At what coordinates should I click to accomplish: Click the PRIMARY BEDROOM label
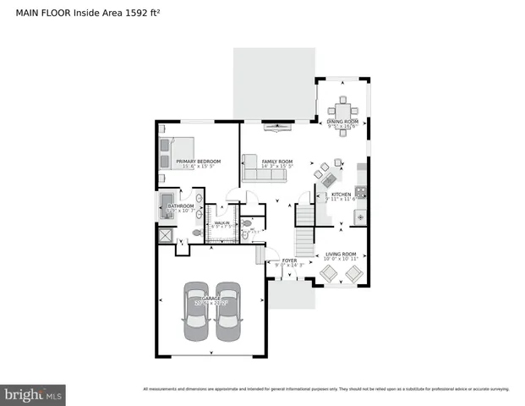(199, 161)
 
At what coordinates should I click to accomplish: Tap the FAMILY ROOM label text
(276, 161)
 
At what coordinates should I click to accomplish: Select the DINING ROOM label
(343, 122)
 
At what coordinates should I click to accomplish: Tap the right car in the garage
(227, 311)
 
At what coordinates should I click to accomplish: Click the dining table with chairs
(342, 110)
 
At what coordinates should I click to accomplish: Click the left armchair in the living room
(327, 272)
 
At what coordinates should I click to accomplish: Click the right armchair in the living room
(353, 272)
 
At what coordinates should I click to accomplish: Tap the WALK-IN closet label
(221, 222)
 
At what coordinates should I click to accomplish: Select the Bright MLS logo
(33, 394)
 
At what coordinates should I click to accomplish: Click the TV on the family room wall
(277, 127)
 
